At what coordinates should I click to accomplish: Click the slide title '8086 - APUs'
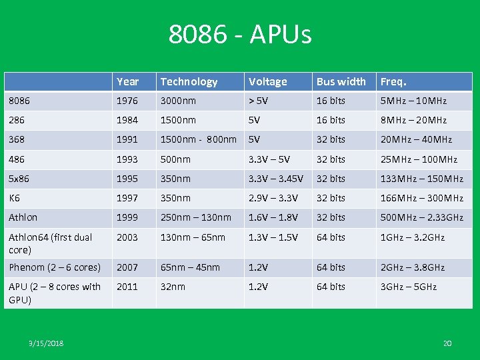[240, 35]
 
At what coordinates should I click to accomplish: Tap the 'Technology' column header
[189, 82]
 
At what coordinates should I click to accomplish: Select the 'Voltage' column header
[267, 82]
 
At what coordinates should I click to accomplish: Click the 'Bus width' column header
[341, 82]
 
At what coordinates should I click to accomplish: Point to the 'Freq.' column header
[393, 82]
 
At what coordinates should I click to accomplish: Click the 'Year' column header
[127, 82]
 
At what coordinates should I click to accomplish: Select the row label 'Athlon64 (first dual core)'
[50, 243]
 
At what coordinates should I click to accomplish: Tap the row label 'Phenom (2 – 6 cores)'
[55, 267]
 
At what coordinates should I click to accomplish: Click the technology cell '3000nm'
[178, 101]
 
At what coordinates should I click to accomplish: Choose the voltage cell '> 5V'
[260, 101]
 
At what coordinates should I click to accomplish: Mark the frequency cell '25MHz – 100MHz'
[419, 159]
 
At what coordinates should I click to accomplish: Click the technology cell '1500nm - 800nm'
[198, 140]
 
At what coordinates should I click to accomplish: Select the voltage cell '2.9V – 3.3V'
[273, 198]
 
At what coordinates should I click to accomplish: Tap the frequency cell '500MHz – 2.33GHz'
[421, 217]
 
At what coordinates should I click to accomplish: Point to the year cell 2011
[128, 287]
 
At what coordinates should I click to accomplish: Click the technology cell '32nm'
[172, 287]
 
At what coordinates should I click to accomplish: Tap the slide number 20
[447, 343]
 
